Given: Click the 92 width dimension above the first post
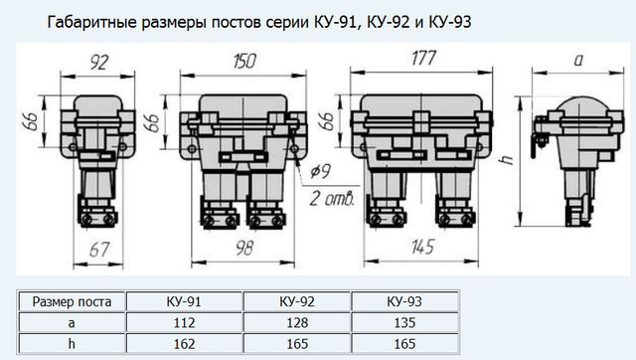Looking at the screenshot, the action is [x=99, y=63].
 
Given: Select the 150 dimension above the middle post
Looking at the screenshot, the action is [x=244, y=61].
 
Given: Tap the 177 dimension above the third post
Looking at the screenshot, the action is [x=424, y=58].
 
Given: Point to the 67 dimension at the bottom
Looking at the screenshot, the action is [x=99, y=250].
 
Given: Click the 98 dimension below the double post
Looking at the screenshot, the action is [x=244, y=248].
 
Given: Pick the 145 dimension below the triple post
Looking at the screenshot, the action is [x=422, y=247].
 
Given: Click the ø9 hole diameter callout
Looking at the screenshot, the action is [x=320, y=172].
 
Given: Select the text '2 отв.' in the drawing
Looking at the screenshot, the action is [x=332, y=199].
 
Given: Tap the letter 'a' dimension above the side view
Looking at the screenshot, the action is [x=578, y=61].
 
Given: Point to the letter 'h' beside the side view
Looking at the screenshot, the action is [x=507, y=159].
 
